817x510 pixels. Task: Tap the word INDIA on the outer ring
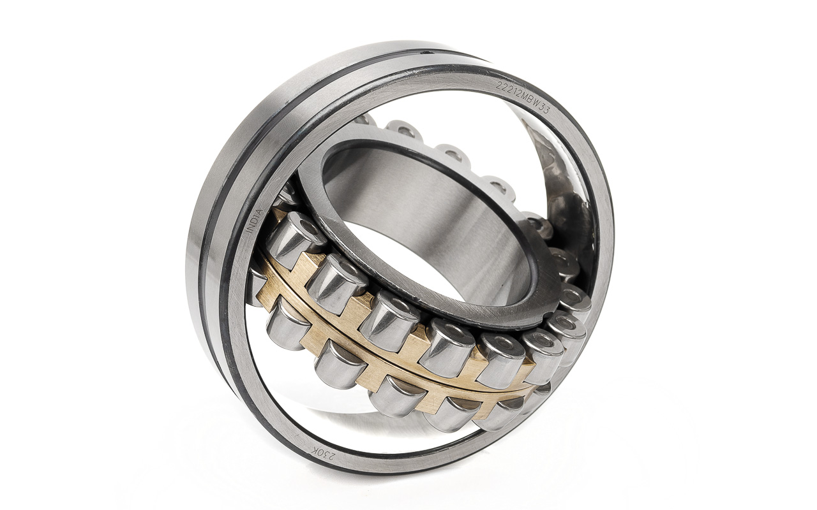coord(256,221)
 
